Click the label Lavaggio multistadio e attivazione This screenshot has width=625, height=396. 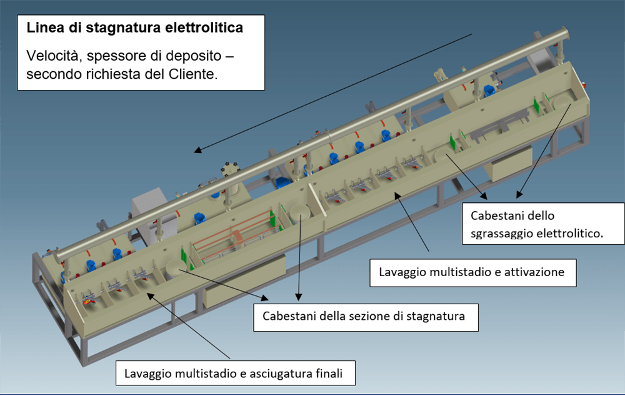(x=472, y=272)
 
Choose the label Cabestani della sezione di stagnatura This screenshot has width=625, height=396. (x=365, y=316)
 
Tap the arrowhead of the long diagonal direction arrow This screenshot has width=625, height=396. (x=197, y=151)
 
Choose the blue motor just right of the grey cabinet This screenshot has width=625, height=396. (x=199, y=219)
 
